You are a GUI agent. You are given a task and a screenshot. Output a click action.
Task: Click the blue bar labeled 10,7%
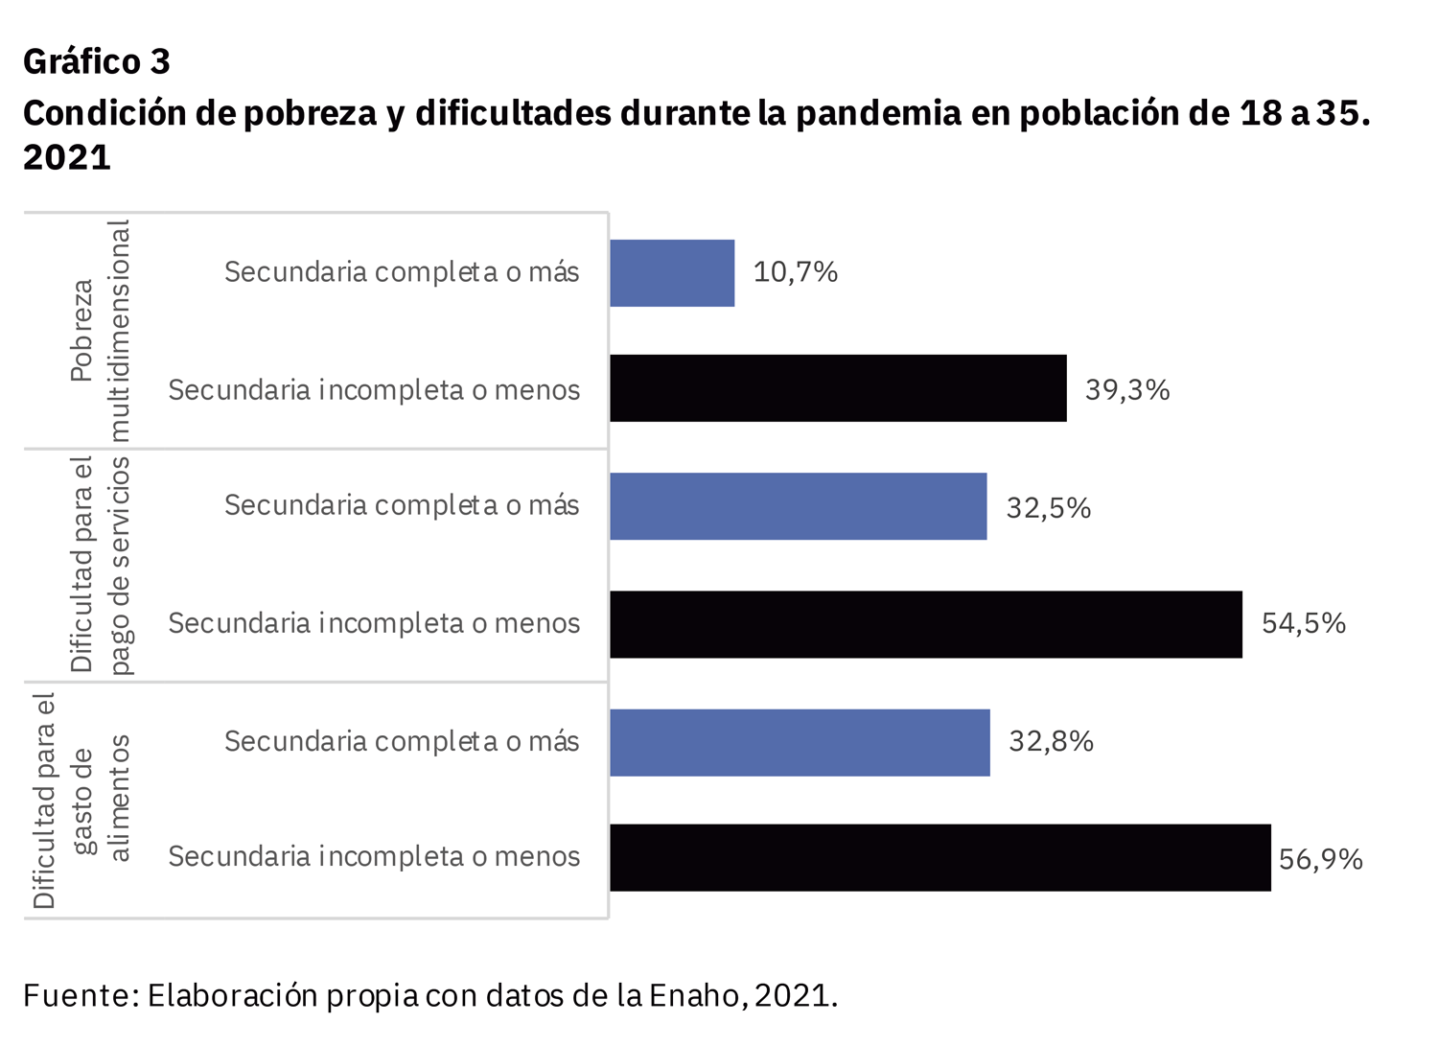(672, 273)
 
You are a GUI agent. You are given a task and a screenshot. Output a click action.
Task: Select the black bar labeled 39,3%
(838, 388)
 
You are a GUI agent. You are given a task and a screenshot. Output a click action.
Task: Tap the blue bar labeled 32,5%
(798, 506)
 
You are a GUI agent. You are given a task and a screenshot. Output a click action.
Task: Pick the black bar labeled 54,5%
(925, 624)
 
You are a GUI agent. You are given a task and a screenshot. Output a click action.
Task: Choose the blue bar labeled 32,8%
(800, 742)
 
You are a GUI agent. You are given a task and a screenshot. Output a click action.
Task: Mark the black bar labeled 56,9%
(939, 857)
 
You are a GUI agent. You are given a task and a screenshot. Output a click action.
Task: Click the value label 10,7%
(795, 272)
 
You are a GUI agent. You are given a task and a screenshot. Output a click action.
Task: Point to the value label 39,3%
(1126, 390)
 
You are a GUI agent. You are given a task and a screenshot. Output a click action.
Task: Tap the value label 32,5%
(1048, 508)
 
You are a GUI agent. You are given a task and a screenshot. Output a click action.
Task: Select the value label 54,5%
(1303, 624)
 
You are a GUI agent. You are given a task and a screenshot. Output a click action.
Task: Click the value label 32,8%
(1051, 742)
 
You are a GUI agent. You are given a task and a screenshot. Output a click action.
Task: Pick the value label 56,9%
(1320, 859)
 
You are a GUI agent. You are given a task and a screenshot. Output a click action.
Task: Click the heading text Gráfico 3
(97, 61)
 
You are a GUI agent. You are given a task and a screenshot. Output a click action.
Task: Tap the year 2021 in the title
(67, 156)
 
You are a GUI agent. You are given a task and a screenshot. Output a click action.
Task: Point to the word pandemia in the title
(878, 113)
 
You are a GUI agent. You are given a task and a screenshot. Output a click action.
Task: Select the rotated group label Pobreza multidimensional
(100, 331)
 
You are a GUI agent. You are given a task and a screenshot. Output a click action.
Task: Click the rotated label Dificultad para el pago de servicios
(100, 565)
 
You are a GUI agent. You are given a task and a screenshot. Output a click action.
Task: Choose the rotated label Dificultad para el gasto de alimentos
(81, 801)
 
